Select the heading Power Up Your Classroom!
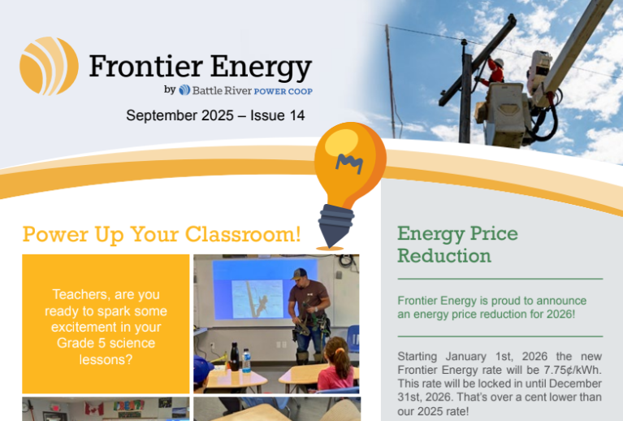point(162,235)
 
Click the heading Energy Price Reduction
point(456,245)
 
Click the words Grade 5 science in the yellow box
point(106,343)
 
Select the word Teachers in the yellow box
point(80,294)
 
